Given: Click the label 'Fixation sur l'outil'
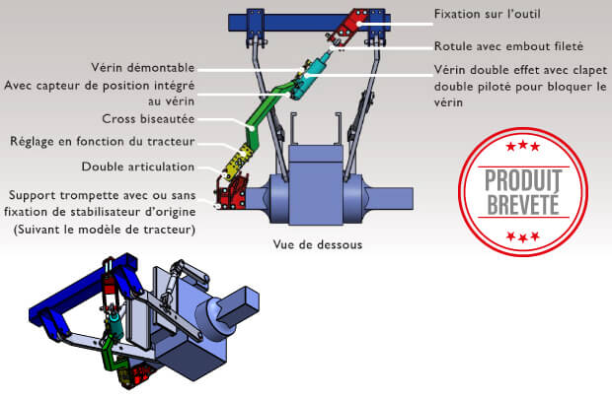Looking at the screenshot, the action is [x=487, y=14].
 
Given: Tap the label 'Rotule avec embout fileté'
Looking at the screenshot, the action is [x=508, y=46].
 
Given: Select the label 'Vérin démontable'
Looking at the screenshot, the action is [x=143, y=67].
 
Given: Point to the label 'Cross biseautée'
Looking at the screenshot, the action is [x=148, y=119].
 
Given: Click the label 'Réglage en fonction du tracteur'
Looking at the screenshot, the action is [x=103, y=141].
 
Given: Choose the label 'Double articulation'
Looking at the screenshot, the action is [x=138, y=166].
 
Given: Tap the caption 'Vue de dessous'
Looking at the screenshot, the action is [x=317, y=244].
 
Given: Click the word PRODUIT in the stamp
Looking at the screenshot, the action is [x=523, y=180].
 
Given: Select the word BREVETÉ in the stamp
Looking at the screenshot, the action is [x=523, y=205].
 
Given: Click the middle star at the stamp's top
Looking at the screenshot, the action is [x=523, y=146].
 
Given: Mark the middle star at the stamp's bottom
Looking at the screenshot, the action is [x=523, y=237].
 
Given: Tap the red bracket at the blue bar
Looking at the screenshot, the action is [x=349, y=27].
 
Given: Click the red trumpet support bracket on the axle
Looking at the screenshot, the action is [x=231, y=192].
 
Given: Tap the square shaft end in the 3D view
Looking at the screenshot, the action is [x=239, y=302].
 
